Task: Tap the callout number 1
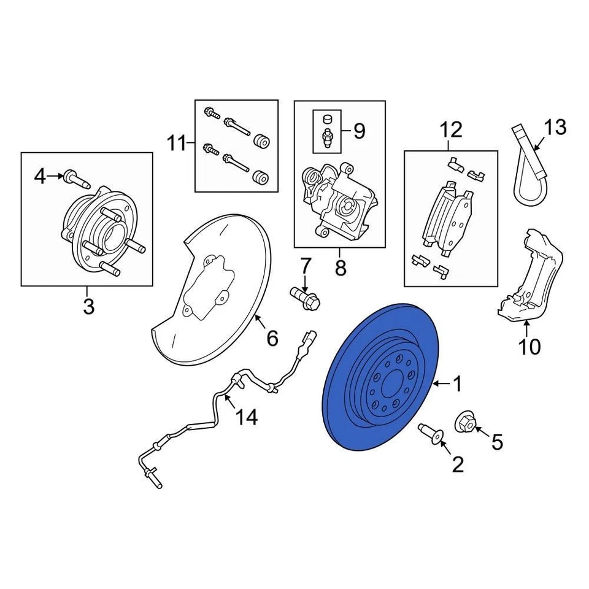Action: pyautogui.click(x=456, y=385)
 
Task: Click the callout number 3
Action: pyautogui.click(x=88, y=306)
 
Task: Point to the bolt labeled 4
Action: pyautogui.click(x=77, y=179)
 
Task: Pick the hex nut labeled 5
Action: pyautogui.click(x=466, y=423)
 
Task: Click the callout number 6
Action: pyautogui.click(x=272, y=337)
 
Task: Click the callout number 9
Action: pyautogui.click(x=359, y=131)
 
